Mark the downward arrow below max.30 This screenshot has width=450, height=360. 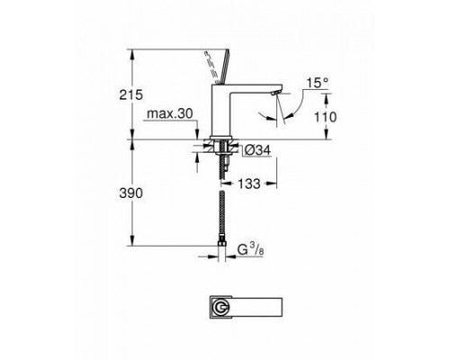194,133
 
